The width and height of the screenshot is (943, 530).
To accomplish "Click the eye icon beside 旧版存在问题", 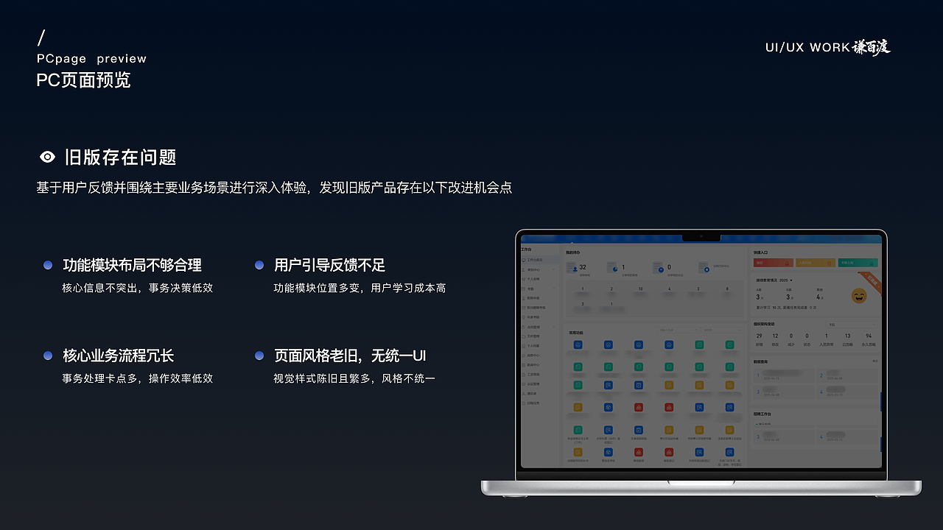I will coord(47,157).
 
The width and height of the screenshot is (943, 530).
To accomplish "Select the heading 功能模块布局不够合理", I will coord(132,265).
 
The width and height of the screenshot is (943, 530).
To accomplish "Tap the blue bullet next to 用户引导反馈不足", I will coord(259,265).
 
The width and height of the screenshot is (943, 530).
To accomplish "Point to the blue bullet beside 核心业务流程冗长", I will coord(48,356).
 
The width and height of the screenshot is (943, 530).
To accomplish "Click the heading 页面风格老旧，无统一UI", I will coord(350,356).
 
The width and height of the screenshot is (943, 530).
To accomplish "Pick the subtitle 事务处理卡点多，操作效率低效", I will coord(137,378).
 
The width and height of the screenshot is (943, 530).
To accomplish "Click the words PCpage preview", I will coord(91,59).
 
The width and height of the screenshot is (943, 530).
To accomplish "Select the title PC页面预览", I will coord(83,79).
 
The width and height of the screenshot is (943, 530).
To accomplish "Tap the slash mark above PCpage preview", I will coord(41,38).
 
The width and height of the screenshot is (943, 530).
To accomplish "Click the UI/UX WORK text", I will coord(807,48).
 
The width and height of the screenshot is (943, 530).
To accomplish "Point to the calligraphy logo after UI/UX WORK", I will coord(872,47).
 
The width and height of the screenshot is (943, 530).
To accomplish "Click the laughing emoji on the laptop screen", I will coord(859,295).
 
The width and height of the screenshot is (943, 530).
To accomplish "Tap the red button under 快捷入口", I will coord(772,263).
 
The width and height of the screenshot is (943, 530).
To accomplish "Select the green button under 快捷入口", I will coord(858,263).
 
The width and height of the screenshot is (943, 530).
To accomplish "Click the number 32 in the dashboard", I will coord(583,267).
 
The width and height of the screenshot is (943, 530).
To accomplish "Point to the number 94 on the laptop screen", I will coord(869,336).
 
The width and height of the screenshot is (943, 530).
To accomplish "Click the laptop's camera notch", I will coord(701,237).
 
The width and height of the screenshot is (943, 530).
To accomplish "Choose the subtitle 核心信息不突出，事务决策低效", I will coord(137,288).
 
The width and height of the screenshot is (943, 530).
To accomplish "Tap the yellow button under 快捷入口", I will coord(815,263).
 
